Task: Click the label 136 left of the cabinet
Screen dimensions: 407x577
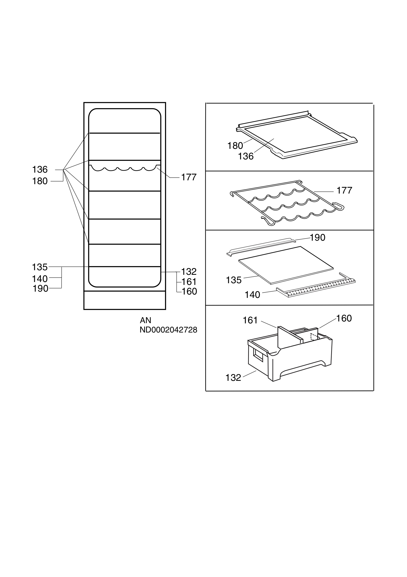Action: (40, 170)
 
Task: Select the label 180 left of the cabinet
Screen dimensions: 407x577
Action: (40, 181)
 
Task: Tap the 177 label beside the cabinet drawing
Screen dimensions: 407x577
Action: (189, 177)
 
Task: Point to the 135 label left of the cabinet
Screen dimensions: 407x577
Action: (40, 267)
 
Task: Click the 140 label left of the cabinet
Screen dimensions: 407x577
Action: (40, 279)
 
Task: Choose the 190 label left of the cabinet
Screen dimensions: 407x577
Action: (40, 289)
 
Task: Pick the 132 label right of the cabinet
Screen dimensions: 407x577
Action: (189, 272)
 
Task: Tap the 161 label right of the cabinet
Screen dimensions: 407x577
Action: (189, 282)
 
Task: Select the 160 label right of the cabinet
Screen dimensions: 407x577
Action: (189, 292)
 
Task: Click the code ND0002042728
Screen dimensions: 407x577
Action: (168, 330)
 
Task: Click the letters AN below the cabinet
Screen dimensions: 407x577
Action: (145, 320)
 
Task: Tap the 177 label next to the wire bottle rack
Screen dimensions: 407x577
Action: (344, 190)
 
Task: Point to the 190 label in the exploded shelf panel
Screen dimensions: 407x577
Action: (317, 238)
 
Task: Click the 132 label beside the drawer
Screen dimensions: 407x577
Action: (233, 378)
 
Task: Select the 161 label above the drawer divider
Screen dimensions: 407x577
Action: (250, 320)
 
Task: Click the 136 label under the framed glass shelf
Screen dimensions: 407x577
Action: (246, 157)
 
